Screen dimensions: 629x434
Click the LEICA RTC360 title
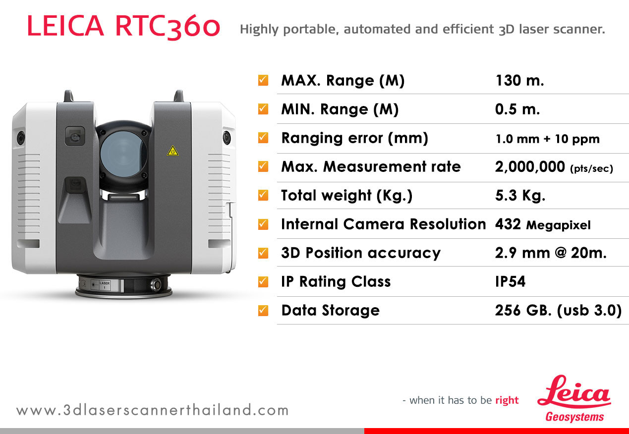[123, 26]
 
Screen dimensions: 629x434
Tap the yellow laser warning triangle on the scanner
[172, 151]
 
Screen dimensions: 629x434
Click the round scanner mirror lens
[123, 154]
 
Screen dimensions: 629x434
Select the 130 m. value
[519, 81]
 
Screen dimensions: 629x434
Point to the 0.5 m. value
[517, 109]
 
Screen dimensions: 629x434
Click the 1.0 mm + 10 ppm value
[548, 139]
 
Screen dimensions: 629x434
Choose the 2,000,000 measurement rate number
[530, 167]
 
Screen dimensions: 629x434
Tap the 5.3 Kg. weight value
[520, 195]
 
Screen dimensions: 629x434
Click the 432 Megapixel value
[543, 224]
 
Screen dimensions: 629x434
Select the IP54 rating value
[510, 281]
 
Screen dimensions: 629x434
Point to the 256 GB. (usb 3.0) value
[558, 311]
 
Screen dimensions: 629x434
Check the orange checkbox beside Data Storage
[263, 310]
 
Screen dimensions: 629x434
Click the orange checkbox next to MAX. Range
[263, 80]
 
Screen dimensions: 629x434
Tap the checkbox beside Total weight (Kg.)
[263, 195]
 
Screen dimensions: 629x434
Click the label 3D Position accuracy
[361, 253]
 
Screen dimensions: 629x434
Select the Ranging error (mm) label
[355, 138]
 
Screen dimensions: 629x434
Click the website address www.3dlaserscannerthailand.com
[153, 410]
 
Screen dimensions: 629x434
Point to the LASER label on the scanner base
[105, 283]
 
